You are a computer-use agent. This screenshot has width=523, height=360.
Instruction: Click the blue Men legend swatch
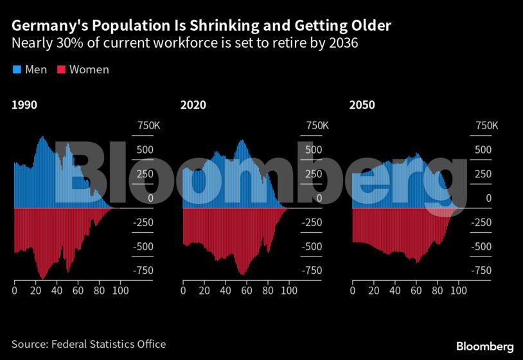pyautogui.click(x=17, y=69)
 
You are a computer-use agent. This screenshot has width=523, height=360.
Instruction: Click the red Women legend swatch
pyautogui.click(x=62, y=69)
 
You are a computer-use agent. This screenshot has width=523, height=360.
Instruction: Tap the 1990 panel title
pyautogui.click(x=24, y=105)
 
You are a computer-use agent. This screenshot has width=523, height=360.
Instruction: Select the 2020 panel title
pyautogui.click(x=193, y=105)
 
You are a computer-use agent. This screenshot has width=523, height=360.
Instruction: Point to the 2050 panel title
pyautogui.click(x=362, y=105)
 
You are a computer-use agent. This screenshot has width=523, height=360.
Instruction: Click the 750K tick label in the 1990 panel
pyautogui.click(x=146, y=126)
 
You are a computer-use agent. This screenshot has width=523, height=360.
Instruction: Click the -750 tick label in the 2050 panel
pyautogui.click(x=484, y=271)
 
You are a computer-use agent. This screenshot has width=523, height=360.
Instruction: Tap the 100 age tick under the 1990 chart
pyautogui.click(x=120, y=291)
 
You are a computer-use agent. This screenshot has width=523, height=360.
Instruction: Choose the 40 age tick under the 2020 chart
pyautogui.click(x=226, y=291)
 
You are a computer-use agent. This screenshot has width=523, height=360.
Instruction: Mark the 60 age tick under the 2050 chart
pyautogui.click(x=416, y=291)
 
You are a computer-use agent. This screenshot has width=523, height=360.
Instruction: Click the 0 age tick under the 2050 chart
pyautogui.click(x=352, y=291)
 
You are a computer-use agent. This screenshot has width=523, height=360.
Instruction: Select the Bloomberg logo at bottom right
pyautogui.click(x=484, y=346)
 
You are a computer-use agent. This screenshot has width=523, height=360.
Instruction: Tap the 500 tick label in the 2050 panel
pyautogui.click(x=483, y=150)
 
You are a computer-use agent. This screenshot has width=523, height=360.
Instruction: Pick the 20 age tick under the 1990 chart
pyautogui.click(x=35, y=291)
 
